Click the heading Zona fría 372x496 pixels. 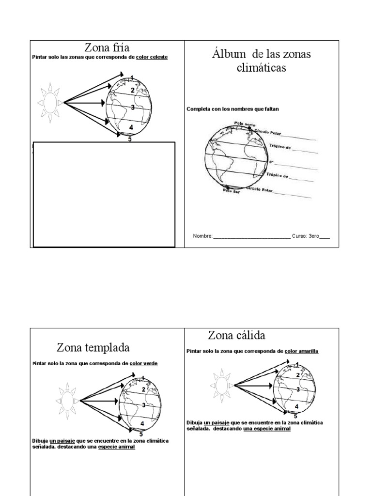point(107,47)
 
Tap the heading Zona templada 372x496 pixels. point(93,347)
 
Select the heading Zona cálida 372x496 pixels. point(236,335)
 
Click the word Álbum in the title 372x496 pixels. point(227,54)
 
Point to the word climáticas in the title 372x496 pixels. point(261,67)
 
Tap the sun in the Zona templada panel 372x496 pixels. point(66,400)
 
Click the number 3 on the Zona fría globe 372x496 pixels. point(133,107)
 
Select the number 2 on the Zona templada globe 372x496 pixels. point(144,389)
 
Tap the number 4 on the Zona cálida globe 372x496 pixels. point(296,406)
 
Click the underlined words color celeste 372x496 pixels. point(152,57)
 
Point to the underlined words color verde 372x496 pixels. point(143,363)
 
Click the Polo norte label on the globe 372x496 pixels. point(245,124)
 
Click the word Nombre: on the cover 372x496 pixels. point(202,236)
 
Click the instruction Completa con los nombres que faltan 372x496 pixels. point(232,109)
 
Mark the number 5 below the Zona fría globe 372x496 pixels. point(130,139)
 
